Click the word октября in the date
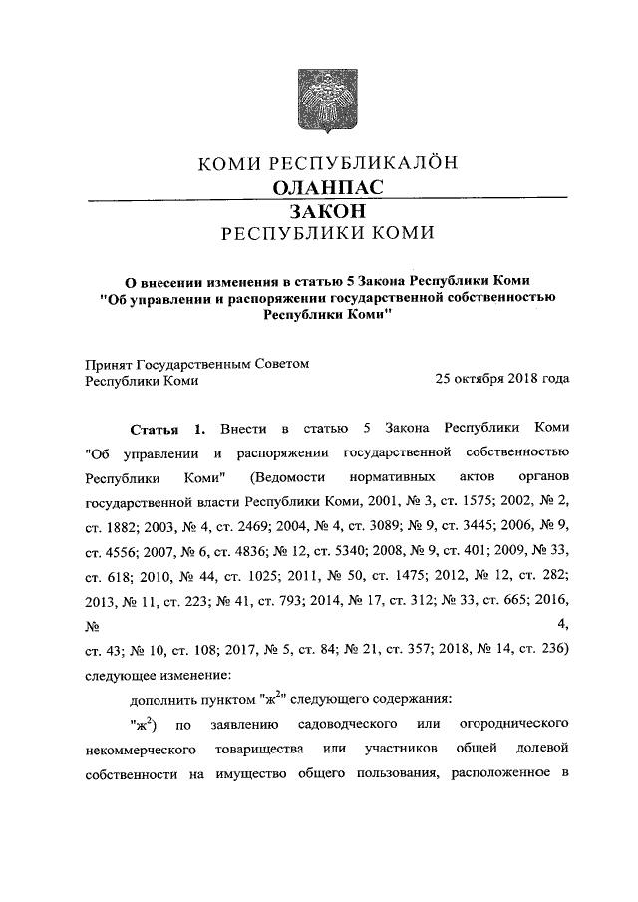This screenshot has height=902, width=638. (480, 380)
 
